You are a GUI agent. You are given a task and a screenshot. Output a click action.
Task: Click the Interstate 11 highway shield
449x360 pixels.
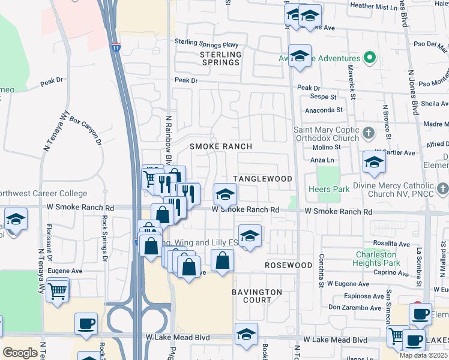(x=115, y=46)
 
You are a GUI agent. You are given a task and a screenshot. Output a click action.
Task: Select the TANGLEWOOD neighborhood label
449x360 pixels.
(x=262, y=179)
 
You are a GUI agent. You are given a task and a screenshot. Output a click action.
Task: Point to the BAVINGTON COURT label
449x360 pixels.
(x=257, y=296)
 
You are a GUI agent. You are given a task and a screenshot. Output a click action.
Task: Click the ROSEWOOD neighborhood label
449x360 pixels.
(x=289, y=265)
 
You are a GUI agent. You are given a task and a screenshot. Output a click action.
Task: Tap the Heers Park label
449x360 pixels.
(x=329, y=189)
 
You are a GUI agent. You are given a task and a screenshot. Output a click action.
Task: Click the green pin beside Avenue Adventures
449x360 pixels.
(x=370, y=58)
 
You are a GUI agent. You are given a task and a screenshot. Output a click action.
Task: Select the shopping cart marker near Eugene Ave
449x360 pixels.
(x=57, y=291)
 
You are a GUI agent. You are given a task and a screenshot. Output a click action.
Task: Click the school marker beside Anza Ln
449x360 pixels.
(x=374, y=162)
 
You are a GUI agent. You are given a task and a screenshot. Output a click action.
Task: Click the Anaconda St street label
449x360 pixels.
(x=324, y=110)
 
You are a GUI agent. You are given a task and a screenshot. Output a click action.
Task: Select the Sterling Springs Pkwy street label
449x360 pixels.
(x=206, y=44)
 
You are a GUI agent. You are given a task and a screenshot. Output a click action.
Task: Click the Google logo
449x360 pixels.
(x=20, y=352)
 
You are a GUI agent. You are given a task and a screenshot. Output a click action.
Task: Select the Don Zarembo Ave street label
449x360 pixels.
(x=355, y=308)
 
